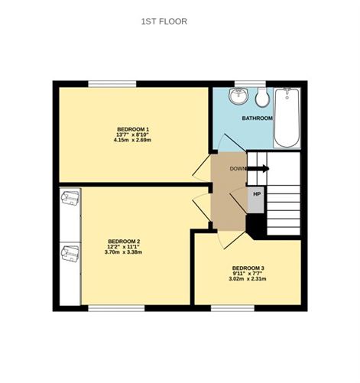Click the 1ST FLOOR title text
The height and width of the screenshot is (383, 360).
coord(164,21)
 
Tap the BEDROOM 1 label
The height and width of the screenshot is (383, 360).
coord(133,128)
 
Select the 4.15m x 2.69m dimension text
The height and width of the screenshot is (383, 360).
coord(133,140)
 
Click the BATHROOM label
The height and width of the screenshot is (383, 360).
coord(258,118)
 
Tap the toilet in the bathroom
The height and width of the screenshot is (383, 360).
coord(262,97)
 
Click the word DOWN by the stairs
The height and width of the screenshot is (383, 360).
coord(238,168)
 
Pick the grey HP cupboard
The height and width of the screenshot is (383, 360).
coord(256,200)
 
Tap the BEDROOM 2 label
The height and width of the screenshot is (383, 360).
coord(124,242)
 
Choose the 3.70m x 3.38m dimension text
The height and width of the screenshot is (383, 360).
coord(124,252)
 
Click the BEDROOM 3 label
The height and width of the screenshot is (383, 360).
coord(248,268)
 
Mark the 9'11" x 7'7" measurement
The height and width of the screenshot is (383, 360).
coord(248,273)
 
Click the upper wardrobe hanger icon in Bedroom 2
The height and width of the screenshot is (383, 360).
coord(70,198)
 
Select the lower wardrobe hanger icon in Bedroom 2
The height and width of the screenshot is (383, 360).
coord(70,252)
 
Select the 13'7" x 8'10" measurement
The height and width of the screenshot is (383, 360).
coord(133,134)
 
